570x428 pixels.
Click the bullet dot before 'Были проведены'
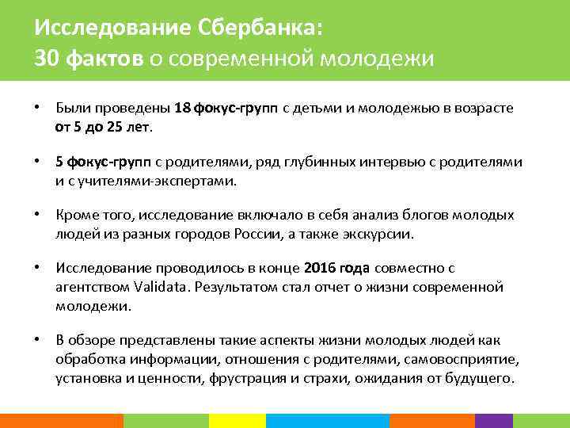pyautogui.click(x=36, y=107)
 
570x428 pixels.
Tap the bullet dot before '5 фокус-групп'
pyautogui.click(x=36, y=162)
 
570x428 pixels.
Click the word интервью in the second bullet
pyautogui.click(x=377, y=162)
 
